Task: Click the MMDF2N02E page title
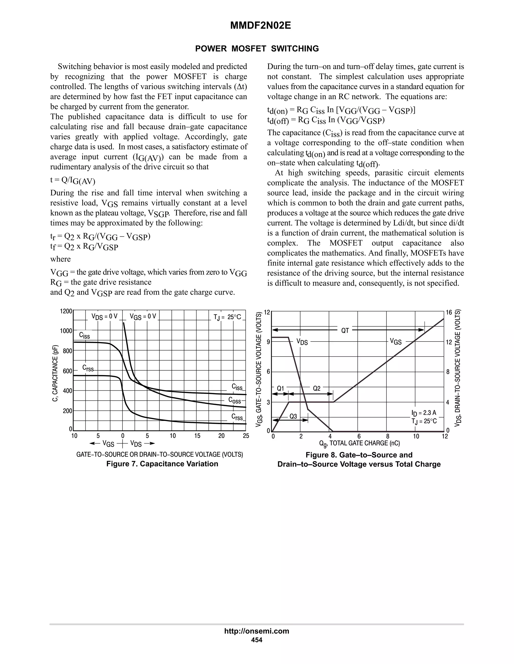[260, 26]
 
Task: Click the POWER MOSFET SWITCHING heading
[257, 49]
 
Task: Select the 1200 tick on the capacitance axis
[66, 311]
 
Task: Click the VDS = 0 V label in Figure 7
[104, 316]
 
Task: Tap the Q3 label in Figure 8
[293, 416]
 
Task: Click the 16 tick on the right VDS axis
[449, 312]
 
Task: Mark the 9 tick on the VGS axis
[268, 342]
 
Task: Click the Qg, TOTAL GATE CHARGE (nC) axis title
[359, 443]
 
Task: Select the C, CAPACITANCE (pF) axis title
[55, 373]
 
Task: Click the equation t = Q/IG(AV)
[73, 180]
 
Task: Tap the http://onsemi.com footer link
[256, 631]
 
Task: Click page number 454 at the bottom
[256, 640]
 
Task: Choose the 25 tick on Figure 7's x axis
[246, 436]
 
